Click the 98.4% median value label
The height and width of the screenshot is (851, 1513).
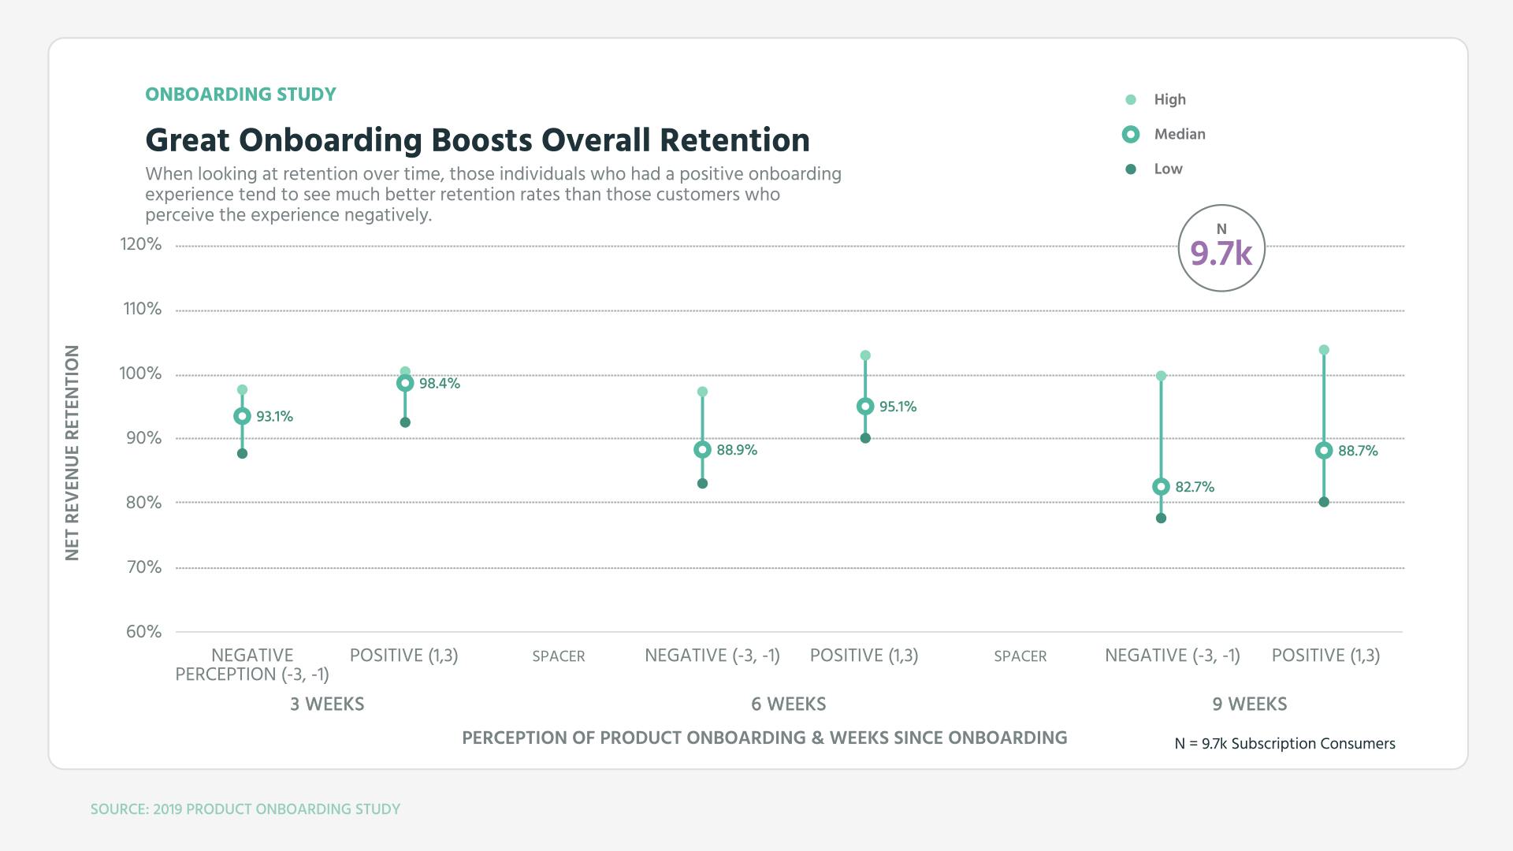pyautogui.click(x=439, y=384)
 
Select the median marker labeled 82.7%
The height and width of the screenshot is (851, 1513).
pyautogui.click(x=1161, y=487)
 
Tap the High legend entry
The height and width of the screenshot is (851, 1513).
pyautogui.click(x=1169, y=100)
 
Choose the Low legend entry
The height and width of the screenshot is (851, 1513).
pyautogui.click(x=1167, y=169)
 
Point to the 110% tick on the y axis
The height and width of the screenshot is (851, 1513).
pyautogui.click(x=142, y=309)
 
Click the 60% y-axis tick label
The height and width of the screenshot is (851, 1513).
pyautogui.click(x=143, y=632)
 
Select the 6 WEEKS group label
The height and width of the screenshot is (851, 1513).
pyautogui.click(x=788, y=704)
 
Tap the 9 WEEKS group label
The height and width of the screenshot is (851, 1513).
pyautogui.click(x=1249, y=704)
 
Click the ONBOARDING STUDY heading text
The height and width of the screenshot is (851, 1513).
pyautogui.click(x=240, y=95)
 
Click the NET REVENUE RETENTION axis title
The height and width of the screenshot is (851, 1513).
pyautogui.click(x=72, y=453)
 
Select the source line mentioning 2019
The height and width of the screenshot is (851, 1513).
pyautogui.click(x=245, y=809)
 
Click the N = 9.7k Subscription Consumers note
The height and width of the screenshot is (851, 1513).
pyautogui.click(x=1284, y=744)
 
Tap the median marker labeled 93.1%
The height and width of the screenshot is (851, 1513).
pyautogui.click(x=242, y=416)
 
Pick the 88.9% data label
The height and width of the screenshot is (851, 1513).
pyautogui.click(x=736, y=450)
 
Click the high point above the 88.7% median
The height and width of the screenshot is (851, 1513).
pyautogui.click(x=1324, y=350)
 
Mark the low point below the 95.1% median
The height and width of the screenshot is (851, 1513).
pyautogui.click(x=865, y=438)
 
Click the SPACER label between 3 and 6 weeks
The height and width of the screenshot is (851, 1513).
pyautogui.click(x=558, y=656)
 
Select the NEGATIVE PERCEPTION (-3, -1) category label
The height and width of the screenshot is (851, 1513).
pyautogui.click(x=252, y=665)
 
